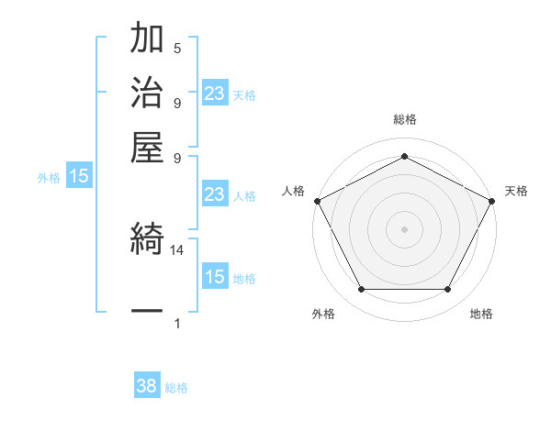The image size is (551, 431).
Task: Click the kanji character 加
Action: tap(148, 39)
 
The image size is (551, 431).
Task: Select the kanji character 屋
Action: tap(148, 146)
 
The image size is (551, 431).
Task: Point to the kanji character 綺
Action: tap(148, 241)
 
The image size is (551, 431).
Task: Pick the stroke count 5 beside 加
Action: tap(177, 49)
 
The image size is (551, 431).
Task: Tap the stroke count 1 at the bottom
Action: tap(177, 324)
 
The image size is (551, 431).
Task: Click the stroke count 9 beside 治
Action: tap(177, 102)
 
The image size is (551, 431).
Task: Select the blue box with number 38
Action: tap(147, 387)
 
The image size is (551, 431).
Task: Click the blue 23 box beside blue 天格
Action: tap(215, 94)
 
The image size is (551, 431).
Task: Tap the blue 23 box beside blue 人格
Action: tap(215, 195)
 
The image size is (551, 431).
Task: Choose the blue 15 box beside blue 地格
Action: tap(215, 278)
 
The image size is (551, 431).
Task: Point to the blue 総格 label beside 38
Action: tap(176, 388)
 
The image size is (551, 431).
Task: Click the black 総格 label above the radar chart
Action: tap(404, 119)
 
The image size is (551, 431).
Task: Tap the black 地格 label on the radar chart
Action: tap(481, 315)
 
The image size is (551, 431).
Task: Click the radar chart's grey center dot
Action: tap(404, 228)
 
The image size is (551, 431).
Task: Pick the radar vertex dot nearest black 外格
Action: tap(361, 290)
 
